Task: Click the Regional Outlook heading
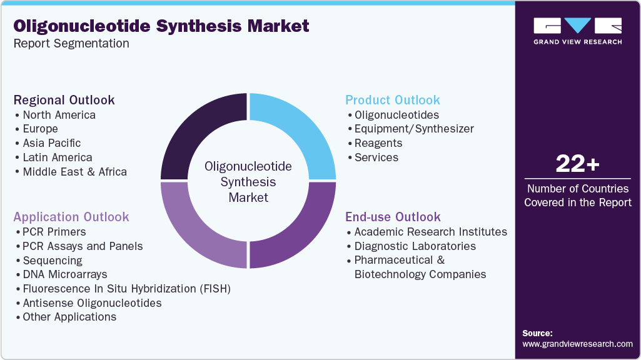coord(64,100)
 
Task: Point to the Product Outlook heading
coord(393,100)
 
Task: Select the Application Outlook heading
coord(71,217)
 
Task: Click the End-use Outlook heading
coord(393,217)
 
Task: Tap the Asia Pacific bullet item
coord(51,143)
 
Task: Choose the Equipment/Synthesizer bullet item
coord(414,129)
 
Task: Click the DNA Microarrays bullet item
coord(65,274)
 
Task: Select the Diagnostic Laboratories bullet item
coord(415,246)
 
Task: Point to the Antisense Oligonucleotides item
coord(92,302)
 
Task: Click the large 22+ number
coord(577,164)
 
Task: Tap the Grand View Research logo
coord(578,31)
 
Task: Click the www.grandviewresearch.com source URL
coord(577,344)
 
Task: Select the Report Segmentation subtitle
coord(71,43)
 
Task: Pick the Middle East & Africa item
coord(74,172)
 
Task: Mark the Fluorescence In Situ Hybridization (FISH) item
coord(126,289)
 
